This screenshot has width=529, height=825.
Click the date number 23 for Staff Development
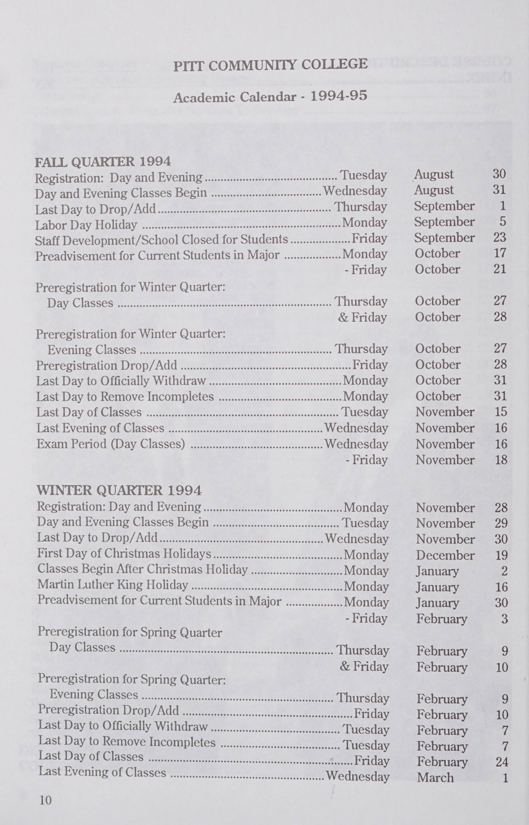(x=499, y=237)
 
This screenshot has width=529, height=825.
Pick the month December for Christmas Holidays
(x=445, y=555)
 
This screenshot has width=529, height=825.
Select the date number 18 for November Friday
(x=501, y=460)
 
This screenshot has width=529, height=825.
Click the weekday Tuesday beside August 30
(x=363, y=175)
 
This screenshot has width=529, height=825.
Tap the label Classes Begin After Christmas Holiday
(x=143, y=569)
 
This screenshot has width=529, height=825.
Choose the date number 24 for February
(x=502, y=762)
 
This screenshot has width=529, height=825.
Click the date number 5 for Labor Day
(x=503, y=221)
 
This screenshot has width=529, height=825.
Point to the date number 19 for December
(x=501, y=555)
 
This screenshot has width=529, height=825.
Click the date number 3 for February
(x=504, y=619)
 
